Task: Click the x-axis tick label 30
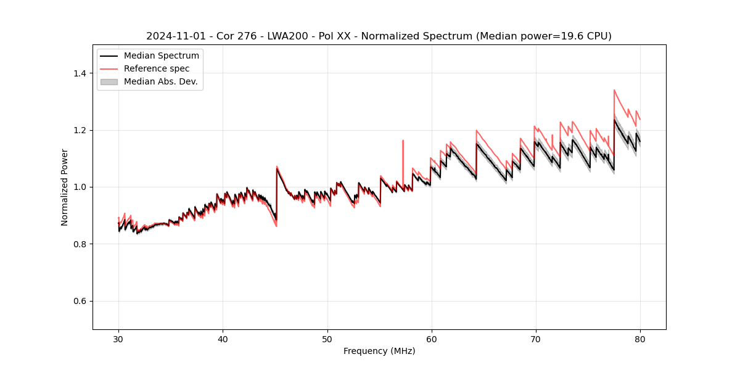[119, 339]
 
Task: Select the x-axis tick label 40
[223, 339]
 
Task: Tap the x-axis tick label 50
[327, 339]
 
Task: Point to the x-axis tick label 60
[432, 339]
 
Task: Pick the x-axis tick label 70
[536, 339]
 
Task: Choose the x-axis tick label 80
[640, 339]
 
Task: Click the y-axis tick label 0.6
[80, 301]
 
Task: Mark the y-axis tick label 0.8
[80, 244]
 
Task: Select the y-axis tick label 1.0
[80, 187]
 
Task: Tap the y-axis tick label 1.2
[80, 130]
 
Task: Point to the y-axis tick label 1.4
[80, 73]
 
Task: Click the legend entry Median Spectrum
[161, 56]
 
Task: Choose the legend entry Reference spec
[157, 68]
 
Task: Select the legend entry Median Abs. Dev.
[160, 81]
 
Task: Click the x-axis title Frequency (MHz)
[379, 351]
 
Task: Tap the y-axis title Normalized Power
[65, 187]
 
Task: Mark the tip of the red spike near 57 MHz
[403, 140]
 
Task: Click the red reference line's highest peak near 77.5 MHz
[614, 90]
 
